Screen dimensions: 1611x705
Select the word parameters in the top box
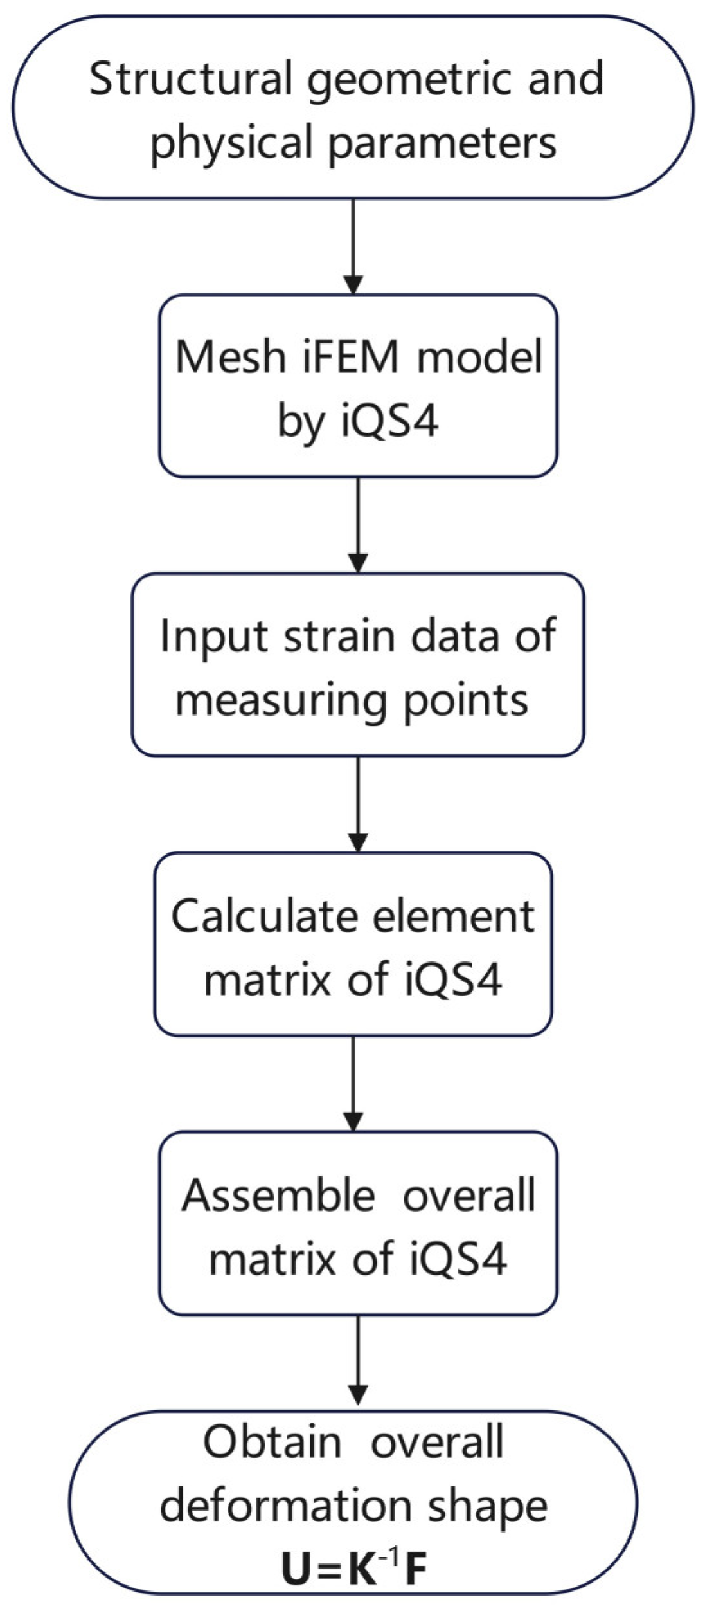click(x=442, y=143)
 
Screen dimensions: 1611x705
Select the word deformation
click(x=287, y=1506)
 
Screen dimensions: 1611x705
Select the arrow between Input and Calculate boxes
click(x=358, y=804)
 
